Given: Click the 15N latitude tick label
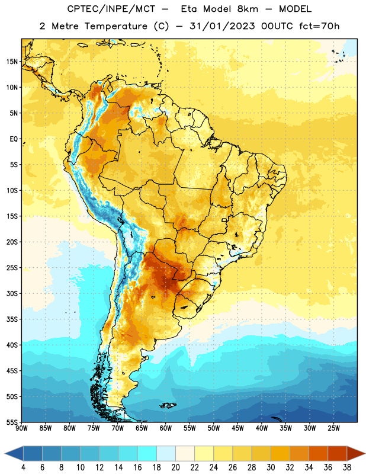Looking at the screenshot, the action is pyautogui.click(x=12, y=62).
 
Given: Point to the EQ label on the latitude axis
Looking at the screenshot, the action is pyautogui.click(x=14, y=139).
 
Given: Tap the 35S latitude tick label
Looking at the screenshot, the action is pyautogui.click(x=12, y=319).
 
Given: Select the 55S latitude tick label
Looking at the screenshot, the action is pyautogui.click(x=12, y=422).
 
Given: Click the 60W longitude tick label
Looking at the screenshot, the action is pyautogui.click(x=166, y=428).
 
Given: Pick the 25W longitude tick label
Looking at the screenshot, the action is pyautogui.click(x=333, y=428).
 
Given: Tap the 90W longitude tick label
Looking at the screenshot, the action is pyautogui.click(x=21, y=428).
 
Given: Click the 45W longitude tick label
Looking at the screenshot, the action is pyautogui.click(x=237, y=428).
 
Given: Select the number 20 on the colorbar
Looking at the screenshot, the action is pyautogui.click(x=175, y=467).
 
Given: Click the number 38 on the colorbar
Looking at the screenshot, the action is pyautogui.click(x=347, y=467).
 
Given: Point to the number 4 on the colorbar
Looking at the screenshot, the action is pyautogui.click(x=23, y=467).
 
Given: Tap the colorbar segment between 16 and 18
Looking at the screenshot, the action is pyautogui.click(x=147, y=453).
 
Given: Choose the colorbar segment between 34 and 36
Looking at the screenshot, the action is pyautogui.click(x=319, y=453).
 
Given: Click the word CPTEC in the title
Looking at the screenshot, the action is pyautogui.click(x=81, y=9).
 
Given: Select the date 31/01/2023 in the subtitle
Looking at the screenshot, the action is pyautogui.click(x=222, y=26).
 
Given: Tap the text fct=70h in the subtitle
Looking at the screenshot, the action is pyautogui.click(x=319, y=26).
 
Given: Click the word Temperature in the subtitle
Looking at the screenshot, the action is pyautogui.click(x=115, y=26).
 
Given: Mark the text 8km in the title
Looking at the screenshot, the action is pyautogui.click(x=248, y=9).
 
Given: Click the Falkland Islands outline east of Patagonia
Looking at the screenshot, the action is pyautogui.click(x=168, y=405).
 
